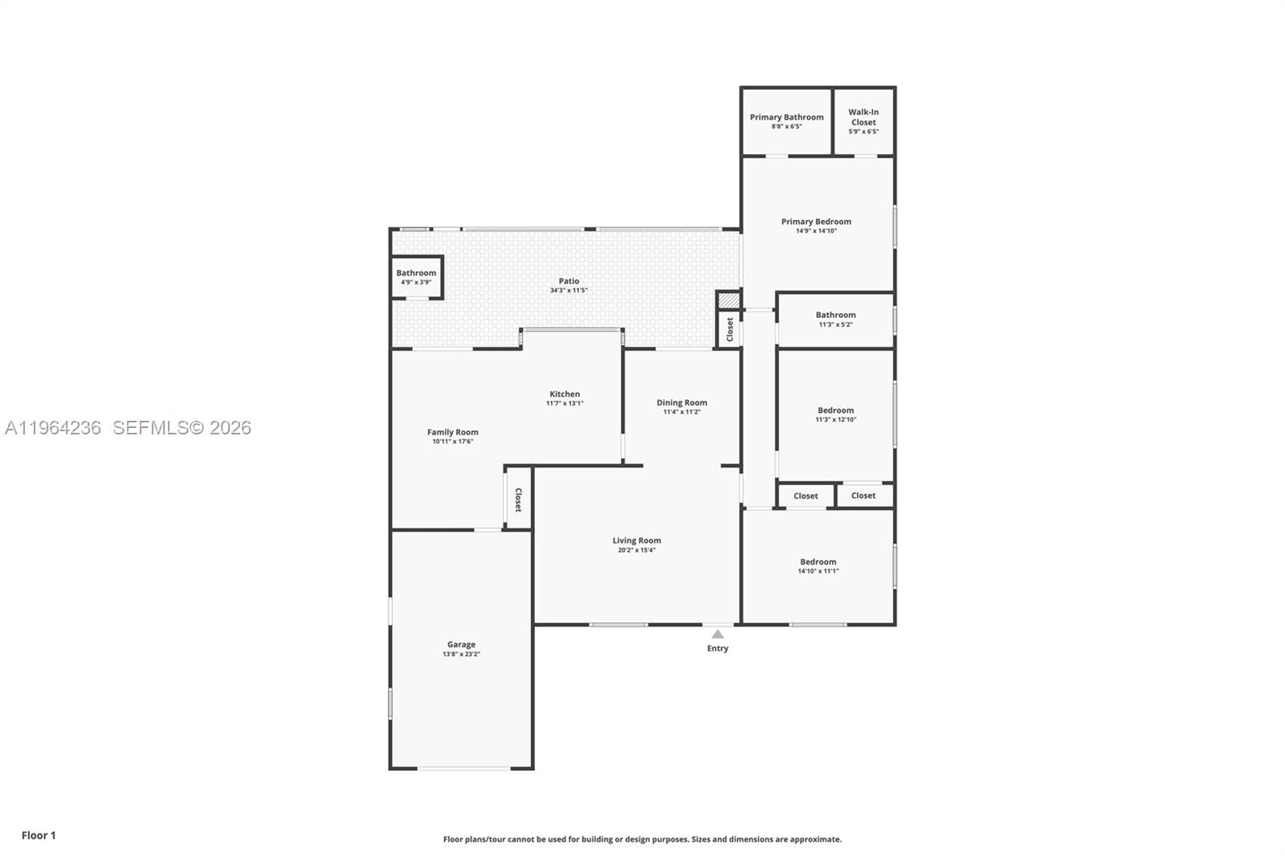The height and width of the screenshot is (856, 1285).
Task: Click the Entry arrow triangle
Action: tap(717, 634)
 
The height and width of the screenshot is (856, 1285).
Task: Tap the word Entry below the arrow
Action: tap(717, 649)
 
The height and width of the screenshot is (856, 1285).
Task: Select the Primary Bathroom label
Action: tap(786, 117)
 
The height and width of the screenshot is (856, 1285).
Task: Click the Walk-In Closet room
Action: tap(863, 120)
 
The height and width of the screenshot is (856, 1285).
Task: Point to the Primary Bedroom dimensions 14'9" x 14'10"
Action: tap(816, 231)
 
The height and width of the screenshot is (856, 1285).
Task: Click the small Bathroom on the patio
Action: tap(416, 277)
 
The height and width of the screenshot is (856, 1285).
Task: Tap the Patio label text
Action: tap(569, 281)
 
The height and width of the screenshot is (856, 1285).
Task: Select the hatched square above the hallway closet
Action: tap(728, 300)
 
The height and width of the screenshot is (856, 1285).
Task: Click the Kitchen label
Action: tap(565, 394)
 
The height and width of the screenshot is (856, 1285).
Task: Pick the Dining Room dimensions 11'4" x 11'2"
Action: tap(682, 412)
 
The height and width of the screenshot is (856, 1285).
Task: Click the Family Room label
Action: tap(452, 432)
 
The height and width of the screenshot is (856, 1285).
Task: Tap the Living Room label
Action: tap(636, 540)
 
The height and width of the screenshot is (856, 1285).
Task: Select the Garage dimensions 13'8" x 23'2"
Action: tap(461, 654)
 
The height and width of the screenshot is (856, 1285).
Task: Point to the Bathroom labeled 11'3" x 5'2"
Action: tap(835, 319)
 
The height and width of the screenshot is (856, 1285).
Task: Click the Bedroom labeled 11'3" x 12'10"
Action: tap(835, 414)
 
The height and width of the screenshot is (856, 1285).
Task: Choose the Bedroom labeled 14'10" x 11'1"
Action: tap(818, 566)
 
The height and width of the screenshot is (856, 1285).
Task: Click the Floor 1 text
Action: tap(39, 835)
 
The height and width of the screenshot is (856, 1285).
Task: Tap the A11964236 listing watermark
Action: tap(53, 428)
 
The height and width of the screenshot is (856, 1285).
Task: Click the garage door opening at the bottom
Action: tap(463, 768)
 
